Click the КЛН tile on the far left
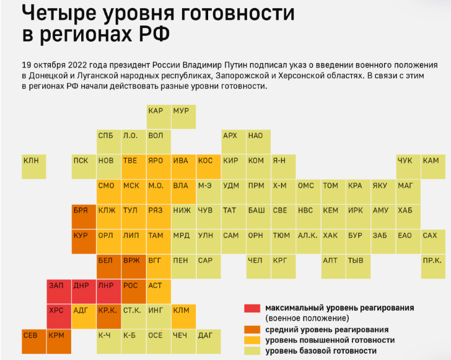(x=34, y=166)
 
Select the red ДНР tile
(x=84, y=291)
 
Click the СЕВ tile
(x=34, y=341)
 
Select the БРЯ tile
(x=84, y=216)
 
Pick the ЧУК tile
(x=408, y=166)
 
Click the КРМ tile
(x=59, y=341)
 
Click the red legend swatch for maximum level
(x=252, y=308)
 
